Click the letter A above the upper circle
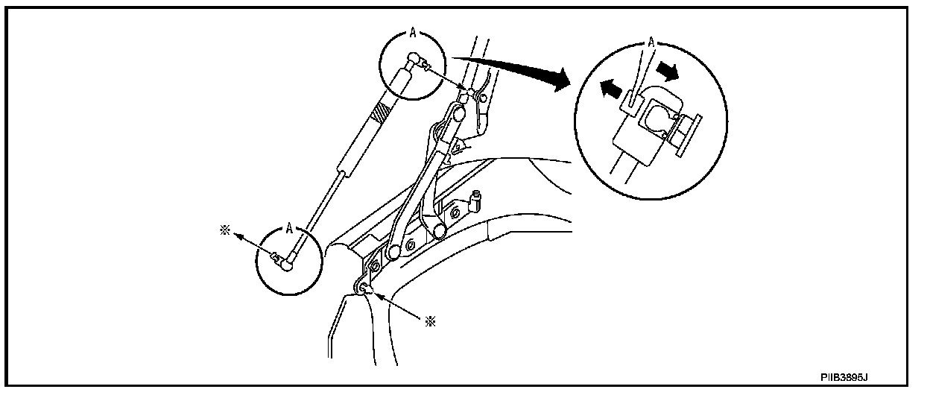coord(412,34)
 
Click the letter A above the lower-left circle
coord(288,222)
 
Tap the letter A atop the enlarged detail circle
coord(651,43)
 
